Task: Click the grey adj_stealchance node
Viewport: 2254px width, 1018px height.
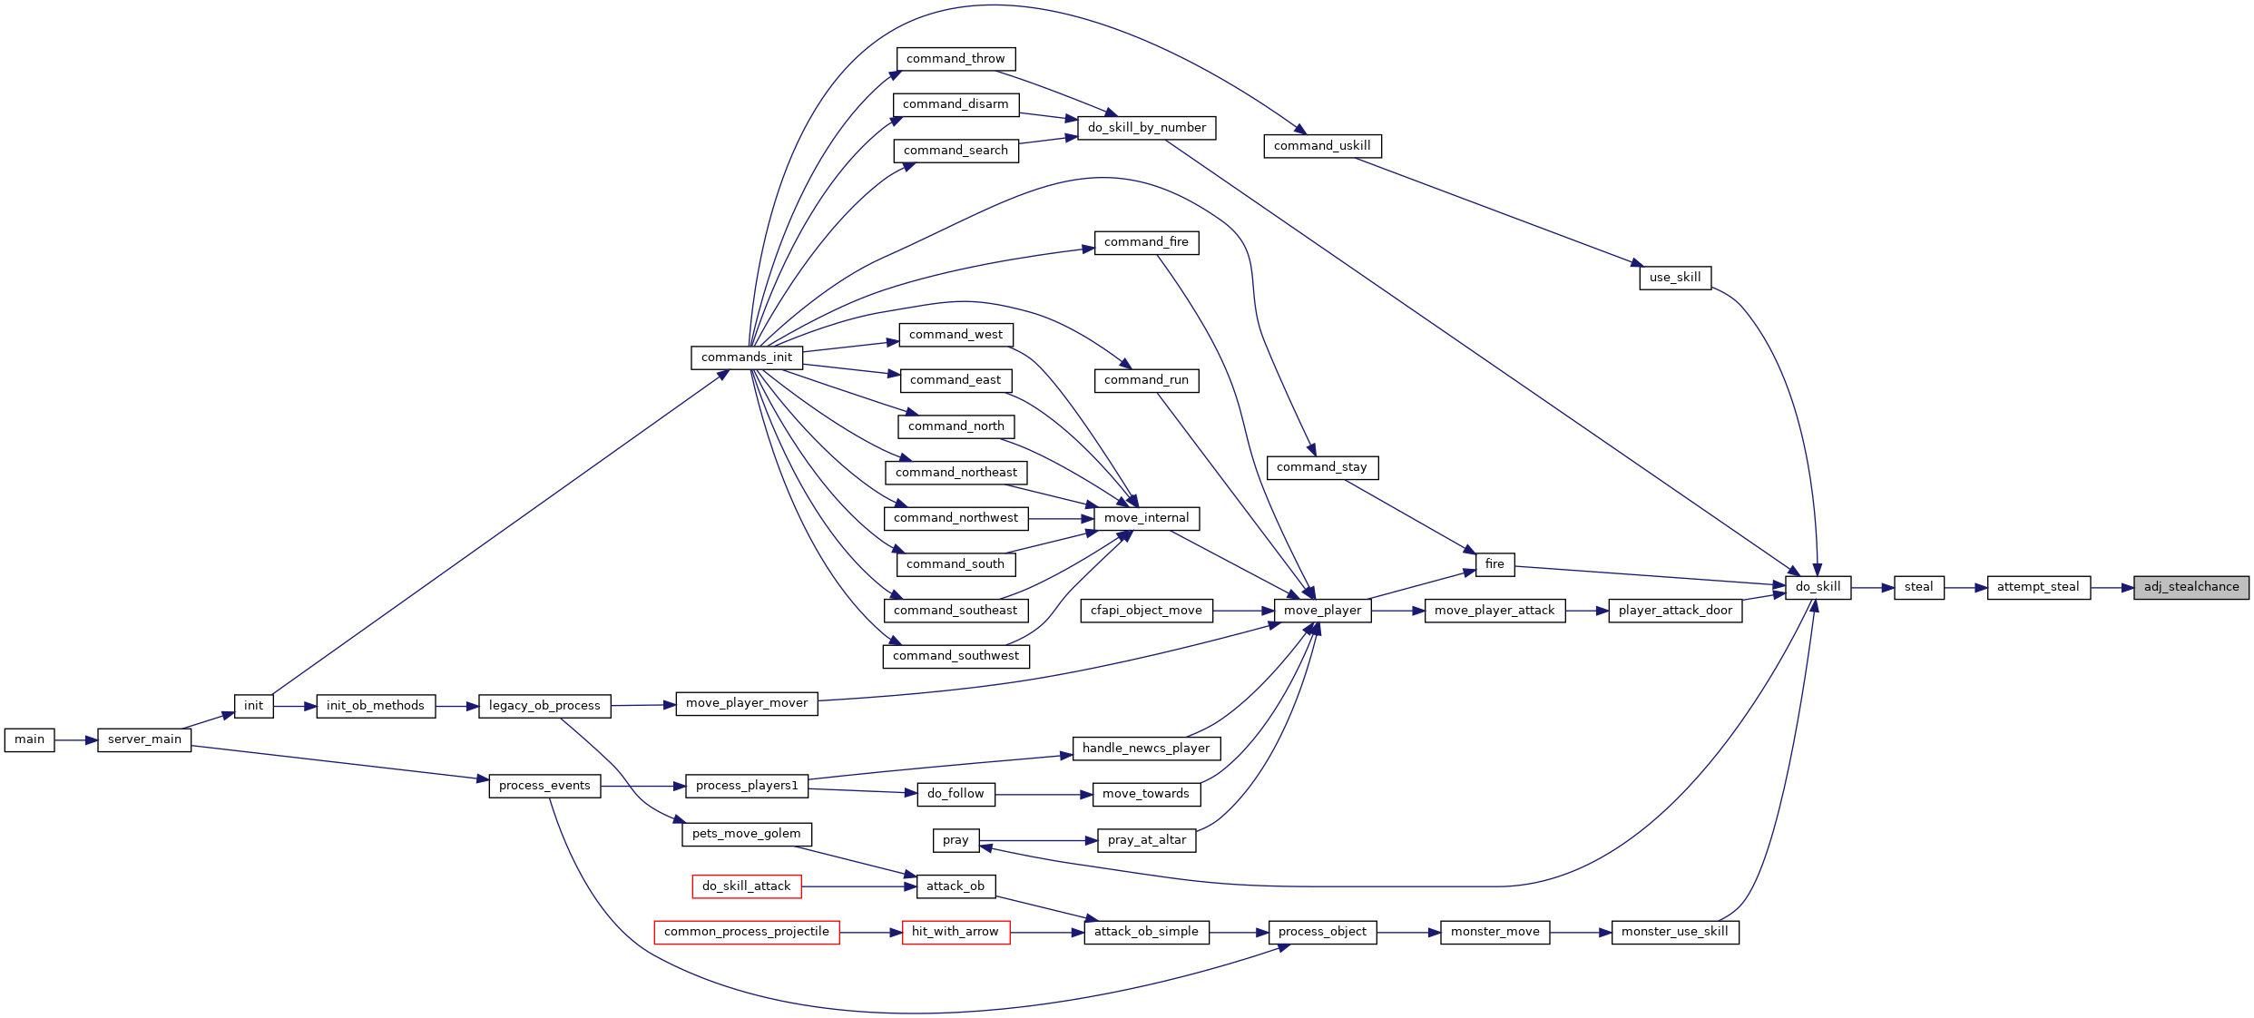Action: coord(2191,587)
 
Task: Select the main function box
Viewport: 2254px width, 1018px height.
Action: coord(29,739)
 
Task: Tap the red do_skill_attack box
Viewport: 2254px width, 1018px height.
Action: coord(747,886)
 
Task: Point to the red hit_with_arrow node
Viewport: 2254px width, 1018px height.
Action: coord(955,932)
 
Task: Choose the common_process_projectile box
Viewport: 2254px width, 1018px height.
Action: coord(747,932)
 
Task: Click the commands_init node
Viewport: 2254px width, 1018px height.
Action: coord(747,357)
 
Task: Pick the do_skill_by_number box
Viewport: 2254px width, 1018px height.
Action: coord(1147,128)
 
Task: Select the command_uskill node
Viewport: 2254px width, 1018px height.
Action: coord(1322,146)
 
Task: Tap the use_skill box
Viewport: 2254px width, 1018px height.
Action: coord(1675,278)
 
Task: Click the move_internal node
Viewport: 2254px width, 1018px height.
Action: coord(1147,518)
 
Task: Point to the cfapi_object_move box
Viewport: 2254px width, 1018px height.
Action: coord(1146,611)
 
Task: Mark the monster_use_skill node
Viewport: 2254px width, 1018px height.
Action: coord(1675,932)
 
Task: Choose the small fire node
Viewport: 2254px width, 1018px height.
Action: coord(1494,564)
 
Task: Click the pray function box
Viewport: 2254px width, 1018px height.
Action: coord(955,840)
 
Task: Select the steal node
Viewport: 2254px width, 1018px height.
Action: coord(1919,587)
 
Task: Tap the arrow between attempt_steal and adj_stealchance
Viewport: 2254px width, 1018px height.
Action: coord(2112,588)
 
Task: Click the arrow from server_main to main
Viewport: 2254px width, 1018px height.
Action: coord(76,740)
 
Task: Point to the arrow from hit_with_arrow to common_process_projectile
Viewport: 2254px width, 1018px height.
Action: coord(871,933)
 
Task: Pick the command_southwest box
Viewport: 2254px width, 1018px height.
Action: coord(956,656)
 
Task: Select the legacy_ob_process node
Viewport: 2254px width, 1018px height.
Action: coord(544,706)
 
